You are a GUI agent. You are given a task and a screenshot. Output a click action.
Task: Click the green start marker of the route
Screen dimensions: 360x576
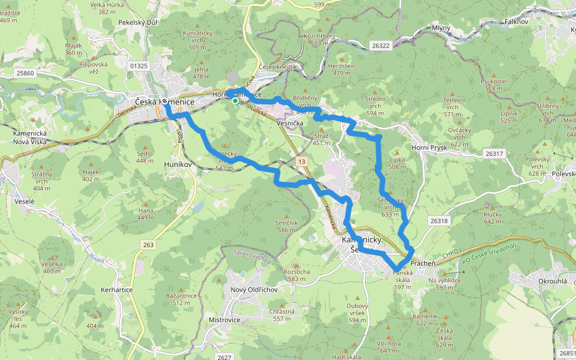coord(235,101)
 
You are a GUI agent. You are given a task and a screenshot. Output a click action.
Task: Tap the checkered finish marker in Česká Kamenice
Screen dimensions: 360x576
coord(164,103)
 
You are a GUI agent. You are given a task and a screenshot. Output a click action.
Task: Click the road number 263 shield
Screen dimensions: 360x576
coord(149,244)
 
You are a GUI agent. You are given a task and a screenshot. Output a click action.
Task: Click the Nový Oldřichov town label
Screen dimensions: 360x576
coord(254,290)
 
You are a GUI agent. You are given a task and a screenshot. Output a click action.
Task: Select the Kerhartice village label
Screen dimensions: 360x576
coord(116,290)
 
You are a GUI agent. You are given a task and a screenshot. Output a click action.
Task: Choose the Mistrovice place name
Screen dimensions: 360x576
coord(224,320)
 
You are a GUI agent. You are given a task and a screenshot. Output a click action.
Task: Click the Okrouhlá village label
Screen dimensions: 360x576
coord(536,280)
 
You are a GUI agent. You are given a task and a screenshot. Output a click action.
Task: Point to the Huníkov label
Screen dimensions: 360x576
coord(178,163)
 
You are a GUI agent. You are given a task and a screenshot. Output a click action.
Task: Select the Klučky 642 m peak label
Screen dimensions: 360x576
coord(492,218)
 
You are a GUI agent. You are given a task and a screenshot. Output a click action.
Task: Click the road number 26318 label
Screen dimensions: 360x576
coord(439,221)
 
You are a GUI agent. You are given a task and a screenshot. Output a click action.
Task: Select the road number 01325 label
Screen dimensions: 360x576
coord(138,65)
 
